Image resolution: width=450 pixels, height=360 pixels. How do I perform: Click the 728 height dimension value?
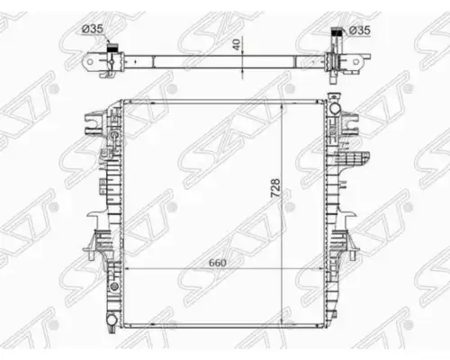pos(275,188)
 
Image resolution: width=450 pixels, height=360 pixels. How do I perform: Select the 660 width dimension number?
pos(218,263)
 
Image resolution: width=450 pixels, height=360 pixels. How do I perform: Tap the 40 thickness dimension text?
pos(237,44)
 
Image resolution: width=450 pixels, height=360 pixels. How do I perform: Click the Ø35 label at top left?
pos(93,29)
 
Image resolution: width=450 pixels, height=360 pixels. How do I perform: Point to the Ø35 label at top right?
pos(360,31)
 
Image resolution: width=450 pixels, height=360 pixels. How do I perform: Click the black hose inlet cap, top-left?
pos(112,47)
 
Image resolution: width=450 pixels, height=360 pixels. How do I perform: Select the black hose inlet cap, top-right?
pos(336,31)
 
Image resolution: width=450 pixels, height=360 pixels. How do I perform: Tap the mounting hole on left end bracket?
pos(90,62)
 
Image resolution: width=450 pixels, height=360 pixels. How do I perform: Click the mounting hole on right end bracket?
pos(355,62)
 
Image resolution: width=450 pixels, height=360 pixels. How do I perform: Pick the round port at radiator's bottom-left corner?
pos(112,319)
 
